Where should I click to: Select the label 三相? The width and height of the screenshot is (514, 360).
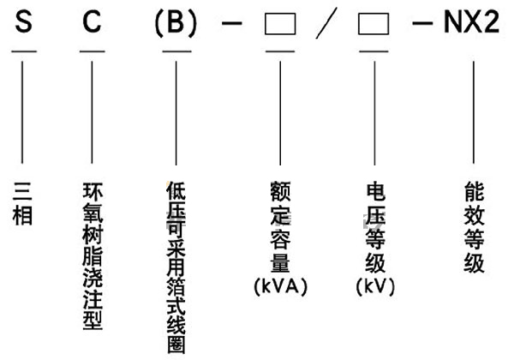[x=24, y=202]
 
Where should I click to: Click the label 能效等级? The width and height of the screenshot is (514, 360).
[x=473, y=225]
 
